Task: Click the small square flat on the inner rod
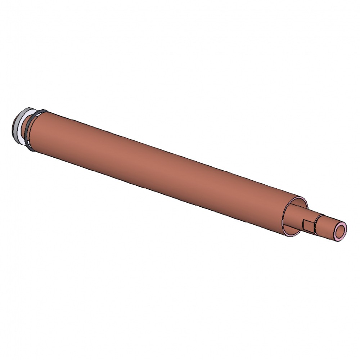tap(308, 225)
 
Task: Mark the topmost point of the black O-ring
tap(42, 110)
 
